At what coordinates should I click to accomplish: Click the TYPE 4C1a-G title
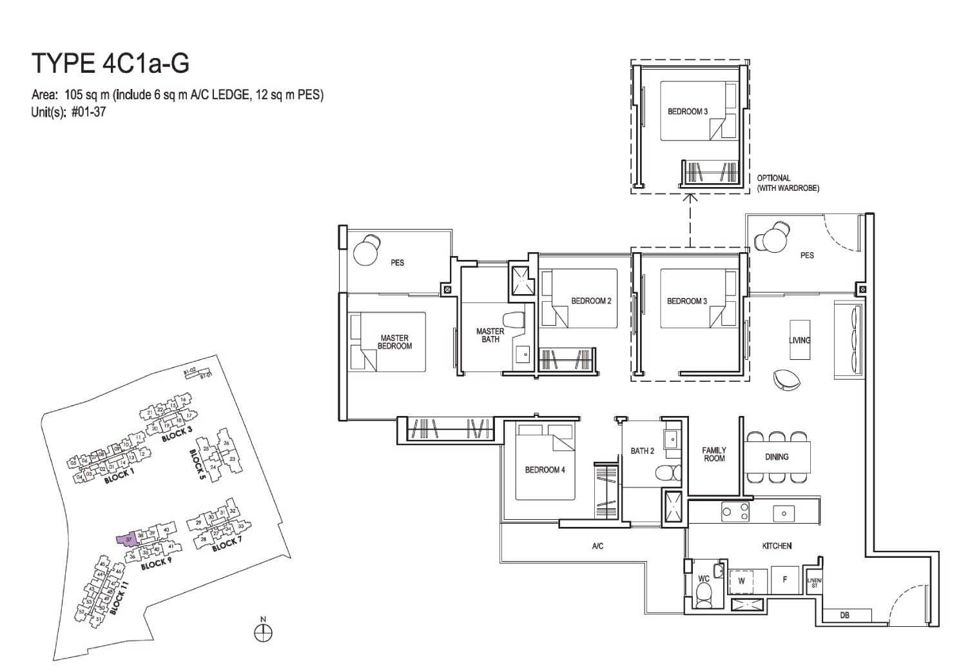110,64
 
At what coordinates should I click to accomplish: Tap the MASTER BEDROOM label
394,342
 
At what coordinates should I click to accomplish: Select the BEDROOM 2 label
591,301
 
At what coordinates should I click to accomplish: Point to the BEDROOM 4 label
545,470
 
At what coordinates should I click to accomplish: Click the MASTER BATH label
490,335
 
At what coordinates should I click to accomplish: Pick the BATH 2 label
642,451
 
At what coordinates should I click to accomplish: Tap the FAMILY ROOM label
714,455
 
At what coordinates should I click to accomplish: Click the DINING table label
777,457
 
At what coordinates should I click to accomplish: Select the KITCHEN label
777,546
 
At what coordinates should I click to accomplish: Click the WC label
704,579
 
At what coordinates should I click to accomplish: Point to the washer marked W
741,580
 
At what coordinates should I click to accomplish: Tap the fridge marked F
784,579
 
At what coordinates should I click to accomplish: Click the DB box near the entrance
844,615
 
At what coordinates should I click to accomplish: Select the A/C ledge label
597,547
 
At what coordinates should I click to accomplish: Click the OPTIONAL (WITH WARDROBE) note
788,183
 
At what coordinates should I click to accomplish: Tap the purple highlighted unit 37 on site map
128,540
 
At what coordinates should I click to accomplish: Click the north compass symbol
263,633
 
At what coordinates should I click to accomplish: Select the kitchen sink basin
784,513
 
